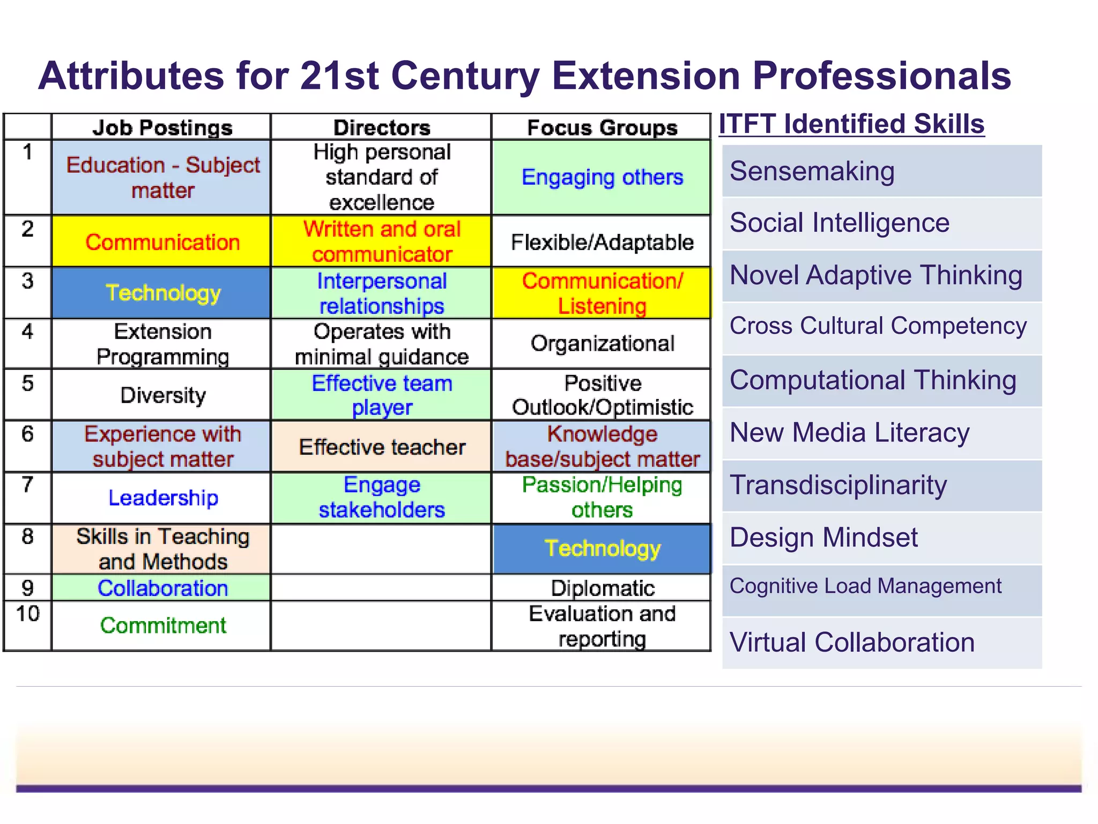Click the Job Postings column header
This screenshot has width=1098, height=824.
tap(162, 128)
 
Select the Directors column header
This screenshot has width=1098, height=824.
tap(382, 128)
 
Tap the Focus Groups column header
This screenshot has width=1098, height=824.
tap(602, 128)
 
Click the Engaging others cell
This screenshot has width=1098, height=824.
tap(602, 178)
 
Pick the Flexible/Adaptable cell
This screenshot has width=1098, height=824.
tap(602, 242)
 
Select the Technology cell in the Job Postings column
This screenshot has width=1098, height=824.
tap(162, 293)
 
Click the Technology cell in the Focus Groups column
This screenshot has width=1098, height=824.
tap(602, 549)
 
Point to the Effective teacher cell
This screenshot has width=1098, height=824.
tap(382, 447)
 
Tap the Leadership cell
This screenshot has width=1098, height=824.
tap(162, 498)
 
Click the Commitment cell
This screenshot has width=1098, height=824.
tap(162, 626)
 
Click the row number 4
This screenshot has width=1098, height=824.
tap(28, 332)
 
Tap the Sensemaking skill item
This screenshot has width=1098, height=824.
tap(812, 172)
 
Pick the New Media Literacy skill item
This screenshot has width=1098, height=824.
tap(849, 433)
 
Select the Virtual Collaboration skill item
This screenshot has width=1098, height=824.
tap(852, 643)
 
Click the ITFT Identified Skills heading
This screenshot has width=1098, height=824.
tap(851, 124)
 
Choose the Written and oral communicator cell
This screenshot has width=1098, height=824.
tap(382, 241)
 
